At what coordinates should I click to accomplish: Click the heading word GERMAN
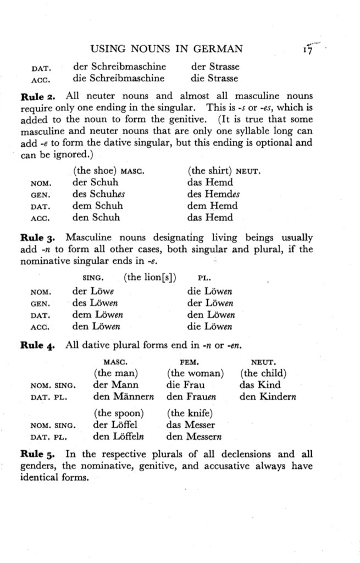point(215,50)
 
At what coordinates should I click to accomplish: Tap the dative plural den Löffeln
point(119,437)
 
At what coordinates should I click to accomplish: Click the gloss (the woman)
point(195,374)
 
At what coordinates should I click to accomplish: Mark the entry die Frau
point(185,385)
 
